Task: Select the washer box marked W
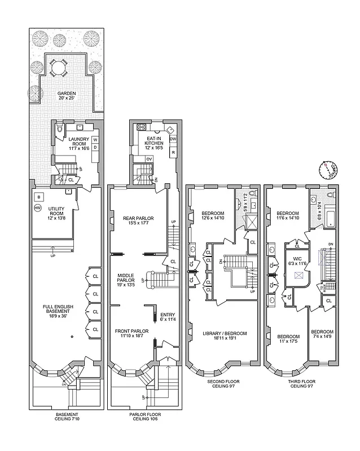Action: click(x=95, y=139)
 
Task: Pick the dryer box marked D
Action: click(x=95, y=147)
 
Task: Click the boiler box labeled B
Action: click(x=38, y=197)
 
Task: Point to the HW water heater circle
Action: click(x=38, y=208)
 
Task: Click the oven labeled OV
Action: click(x=150, y=158)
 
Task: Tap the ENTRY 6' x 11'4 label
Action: click(x=168, y=317)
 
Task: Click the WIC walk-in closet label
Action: click(x=297, y=260)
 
